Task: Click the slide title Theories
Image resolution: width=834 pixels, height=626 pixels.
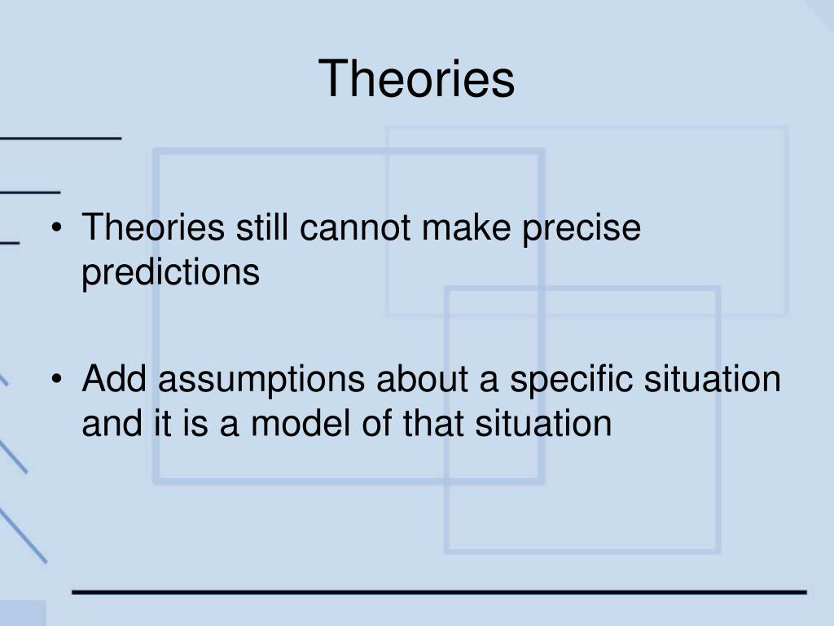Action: [x=416, y=79]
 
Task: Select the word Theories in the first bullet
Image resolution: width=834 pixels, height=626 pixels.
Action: [x=153, y=227]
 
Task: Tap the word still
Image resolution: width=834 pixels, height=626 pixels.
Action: [x=261, y=227]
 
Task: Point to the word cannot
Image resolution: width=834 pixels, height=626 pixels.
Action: [x=355, y=228]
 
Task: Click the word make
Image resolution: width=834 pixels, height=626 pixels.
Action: [x=467, y=227]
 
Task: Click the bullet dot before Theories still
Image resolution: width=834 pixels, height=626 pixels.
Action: [x=57, y=228]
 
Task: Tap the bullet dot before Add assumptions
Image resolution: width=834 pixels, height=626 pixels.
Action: [x=57, y=379]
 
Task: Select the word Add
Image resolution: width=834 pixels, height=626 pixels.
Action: [x=114, y=378]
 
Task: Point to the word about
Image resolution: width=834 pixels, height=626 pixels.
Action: [x=423, y=378]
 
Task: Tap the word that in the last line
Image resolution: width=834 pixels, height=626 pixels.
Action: [x=433, y=424]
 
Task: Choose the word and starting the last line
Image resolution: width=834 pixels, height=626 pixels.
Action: [x=112, y=424]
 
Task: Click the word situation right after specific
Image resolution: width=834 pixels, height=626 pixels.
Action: [x=713, y=378]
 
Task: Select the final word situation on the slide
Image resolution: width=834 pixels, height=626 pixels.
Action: [x=543, y=424]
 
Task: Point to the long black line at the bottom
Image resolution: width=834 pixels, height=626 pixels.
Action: [x=439, y=592]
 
